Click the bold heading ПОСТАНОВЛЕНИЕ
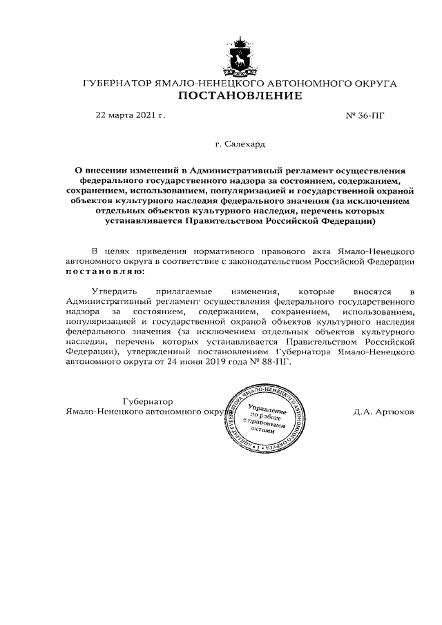(240, 96)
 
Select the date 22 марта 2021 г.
(130, 116)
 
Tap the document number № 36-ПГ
(363, 116)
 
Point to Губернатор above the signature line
(146, 401)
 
